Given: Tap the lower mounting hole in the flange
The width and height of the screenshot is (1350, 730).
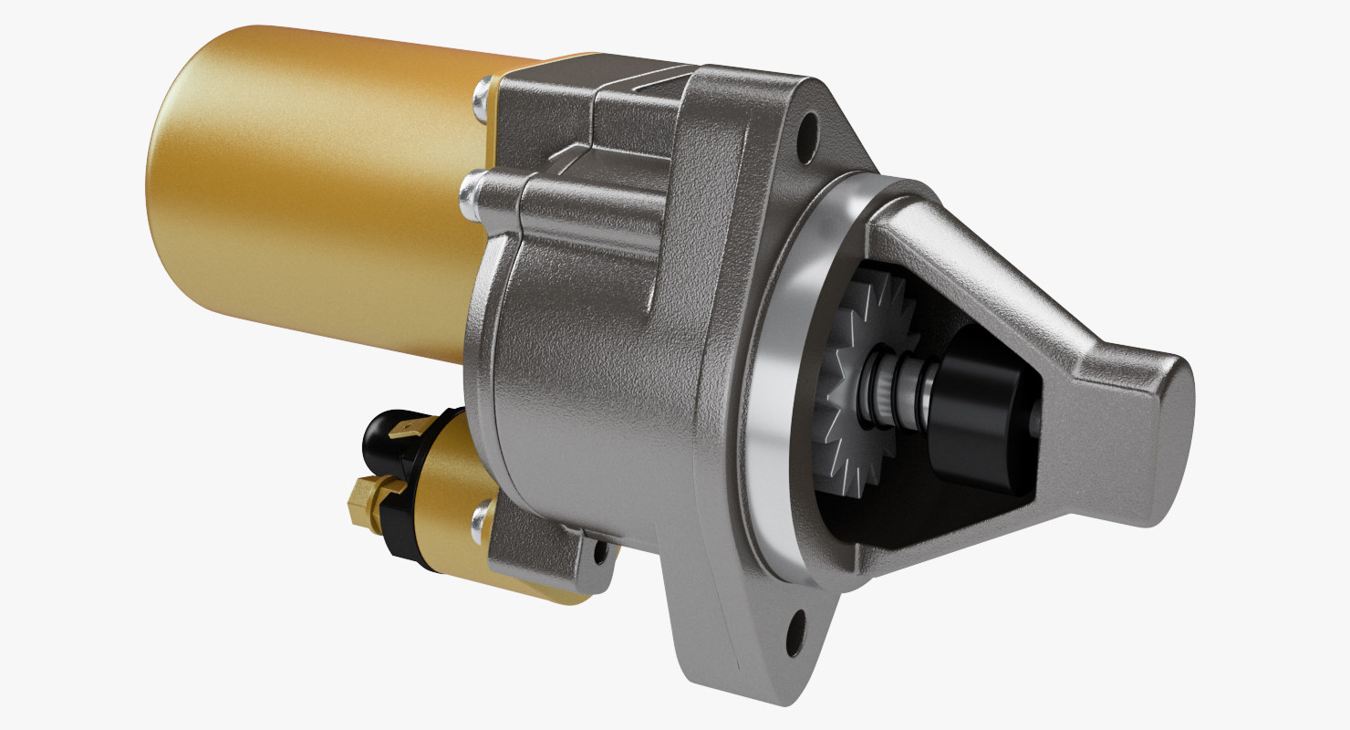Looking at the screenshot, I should (797, 627).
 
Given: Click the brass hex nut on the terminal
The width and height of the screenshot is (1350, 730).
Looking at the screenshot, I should (365, 500).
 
